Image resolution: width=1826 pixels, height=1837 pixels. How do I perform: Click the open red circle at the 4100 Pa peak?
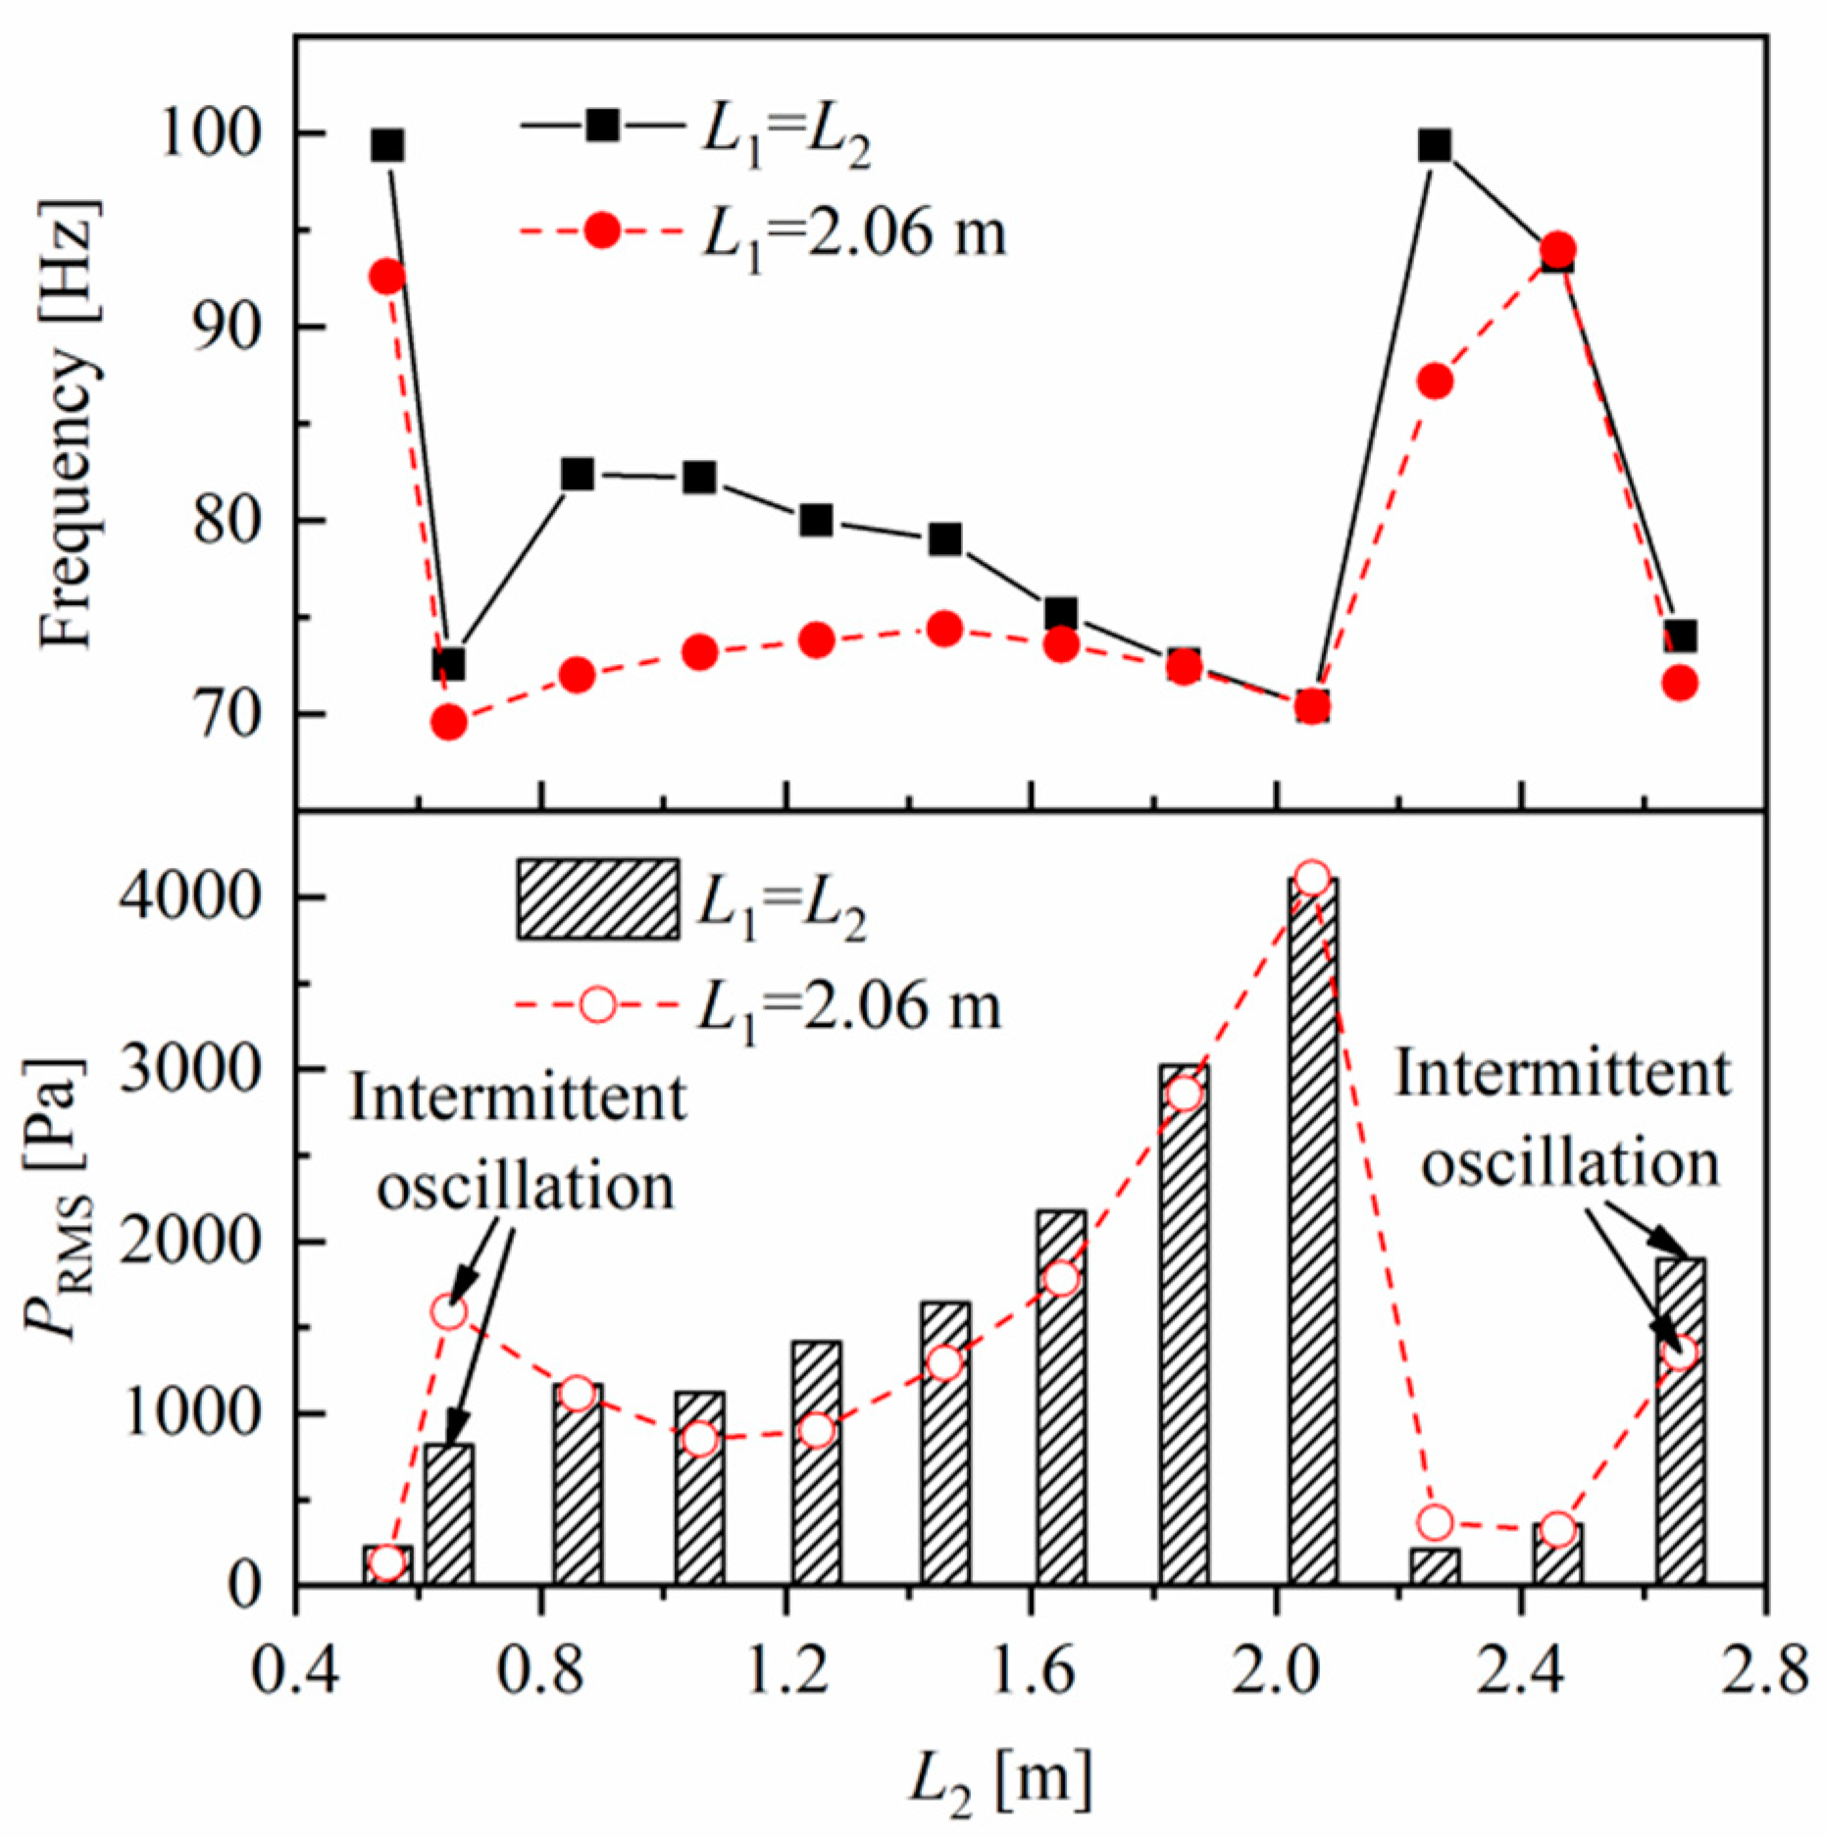[x=1312, y=878]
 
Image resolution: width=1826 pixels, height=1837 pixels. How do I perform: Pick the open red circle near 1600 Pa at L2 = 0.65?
[x=449, y=1312]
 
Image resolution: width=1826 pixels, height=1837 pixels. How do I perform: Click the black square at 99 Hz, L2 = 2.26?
[x=1435, y=146]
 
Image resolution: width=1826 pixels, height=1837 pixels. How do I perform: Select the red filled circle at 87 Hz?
[x=1435, y=382]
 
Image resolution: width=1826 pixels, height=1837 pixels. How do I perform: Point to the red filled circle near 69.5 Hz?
[x=449, y=723]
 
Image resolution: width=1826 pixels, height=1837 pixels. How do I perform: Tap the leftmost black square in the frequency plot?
[x=388, y=146]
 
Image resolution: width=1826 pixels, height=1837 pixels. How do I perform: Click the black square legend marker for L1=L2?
[x=602, y=125]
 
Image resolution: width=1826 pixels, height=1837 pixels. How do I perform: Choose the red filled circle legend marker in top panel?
[x=602, y=231]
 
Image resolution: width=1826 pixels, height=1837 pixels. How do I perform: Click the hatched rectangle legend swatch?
[x=597, y=899]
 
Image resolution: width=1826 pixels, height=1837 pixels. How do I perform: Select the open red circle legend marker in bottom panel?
[x=597, y=1005]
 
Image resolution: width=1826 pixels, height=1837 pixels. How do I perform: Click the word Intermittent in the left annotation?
[x=518, y=1097]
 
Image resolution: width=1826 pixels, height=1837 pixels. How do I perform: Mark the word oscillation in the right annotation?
[x=1571, y=1164]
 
